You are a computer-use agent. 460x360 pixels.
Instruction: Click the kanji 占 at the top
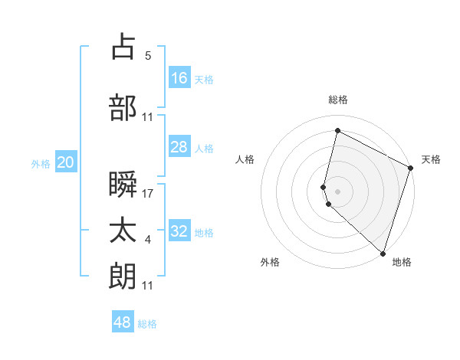123,47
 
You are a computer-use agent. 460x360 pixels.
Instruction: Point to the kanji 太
123,231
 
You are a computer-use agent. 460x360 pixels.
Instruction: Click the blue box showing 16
179,77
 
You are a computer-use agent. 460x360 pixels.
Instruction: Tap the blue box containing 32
179,231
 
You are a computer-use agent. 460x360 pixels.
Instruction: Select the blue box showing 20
66,162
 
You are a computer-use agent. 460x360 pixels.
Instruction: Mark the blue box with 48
123,322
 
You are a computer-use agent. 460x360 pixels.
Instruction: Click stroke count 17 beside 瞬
149,193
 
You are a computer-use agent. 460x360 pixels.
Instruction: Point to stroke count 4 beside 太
148,241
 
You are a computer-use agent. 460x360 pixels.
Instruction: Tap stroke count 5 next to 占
148,56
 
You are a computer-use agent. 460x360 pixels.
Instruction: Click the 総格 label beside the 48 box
147,324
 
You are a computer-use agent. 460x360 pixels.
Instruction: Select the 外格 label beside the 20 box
41,163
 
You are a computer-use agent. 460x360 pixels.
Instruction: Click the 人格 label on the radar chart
245,159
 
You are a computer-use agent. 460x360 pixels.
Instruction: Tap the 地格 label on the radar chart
402,262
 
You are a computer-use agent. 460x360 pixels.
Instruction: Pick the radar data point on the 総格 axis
337,131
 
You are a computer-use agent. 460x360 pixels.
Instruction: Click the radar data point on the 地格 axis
383,252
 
